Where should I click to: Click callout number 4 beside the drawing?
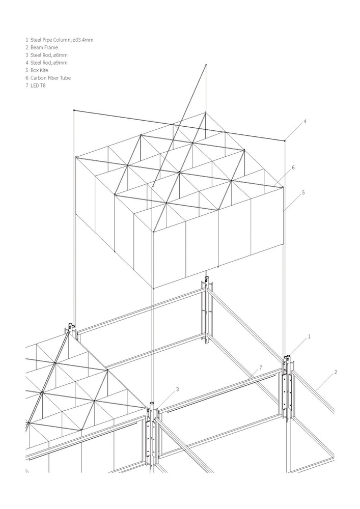pos(305,122)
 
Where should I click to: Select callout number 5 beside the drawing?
pos(303,192)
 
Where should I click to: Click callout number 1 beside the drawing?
pos(309,336)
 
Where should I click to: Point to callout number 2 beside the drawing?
pos(336,372)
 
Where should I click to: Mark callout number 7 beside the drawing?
pos(261,367)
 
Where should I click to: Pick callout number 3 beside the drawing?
pos(177,389)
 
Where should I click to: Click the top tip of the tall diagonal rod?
pos(206,65)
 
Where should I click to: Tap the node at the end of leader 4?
pos(285,140)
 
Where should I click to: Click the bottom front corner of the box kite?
pos(153,288)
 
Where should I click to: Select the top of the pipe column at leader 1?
pos(287,357)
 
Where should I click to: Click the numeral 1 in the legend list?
pos(27,40)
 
